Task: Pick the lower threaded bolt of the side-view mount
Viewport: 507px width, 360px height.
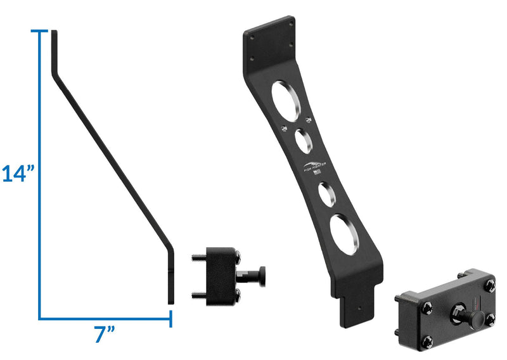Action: point(198,294)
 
